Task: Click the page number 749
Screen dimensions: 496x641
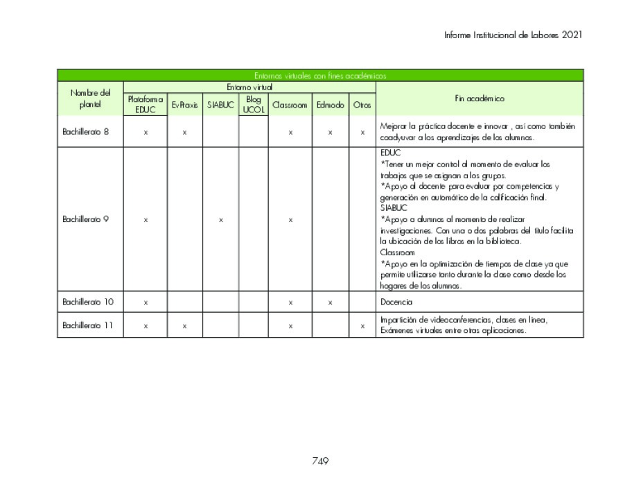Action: (x=319, y=461)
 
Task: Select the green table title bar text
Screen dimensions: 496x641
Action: (x=319, y=76)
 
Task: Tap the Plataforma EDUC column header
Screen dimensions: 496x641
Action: (x=145, y=105)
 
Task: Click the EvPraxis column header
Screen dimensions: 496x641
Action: (x=184, y=105)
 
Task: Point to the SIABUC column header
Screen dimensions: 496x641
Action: (x=220, y=105)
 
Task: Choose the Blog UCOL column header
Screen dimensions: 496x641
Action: (x=253, y=105)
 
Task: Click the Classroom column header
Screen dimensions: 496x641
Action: (x=290, y=105)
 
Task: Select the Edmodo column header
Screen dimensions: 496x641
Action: (x=330, y=105)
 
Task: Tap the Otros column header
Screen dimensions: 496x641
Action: (x=362, y=105)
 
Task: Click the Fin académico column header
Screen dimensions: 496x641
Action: (x=479, y=99)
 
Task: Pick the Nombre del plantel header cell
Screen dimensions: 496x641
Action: (x=90, y=99)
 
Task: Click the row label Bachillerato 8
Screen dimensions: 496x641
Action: (x=85, y=132)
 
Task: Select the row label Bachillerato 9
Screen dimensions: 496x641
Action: (x=85, y=219)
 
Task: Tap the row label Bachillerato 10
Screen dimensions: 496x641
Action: (x=87, y=302)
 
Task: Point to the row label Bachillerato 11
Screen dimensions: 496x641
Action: (x=87, y=325)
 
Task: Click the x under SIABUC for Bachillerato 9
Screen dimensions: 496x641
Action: (x=220, y=220)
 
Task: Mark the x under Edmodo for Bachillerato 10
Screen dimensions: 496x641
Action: (x=330, y=303)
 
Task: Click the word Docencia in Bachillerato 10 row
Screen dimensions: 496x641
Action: (x=396, y=302)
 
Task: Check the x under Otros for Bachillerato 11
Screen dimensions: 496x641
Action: (x=362, y=326)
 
